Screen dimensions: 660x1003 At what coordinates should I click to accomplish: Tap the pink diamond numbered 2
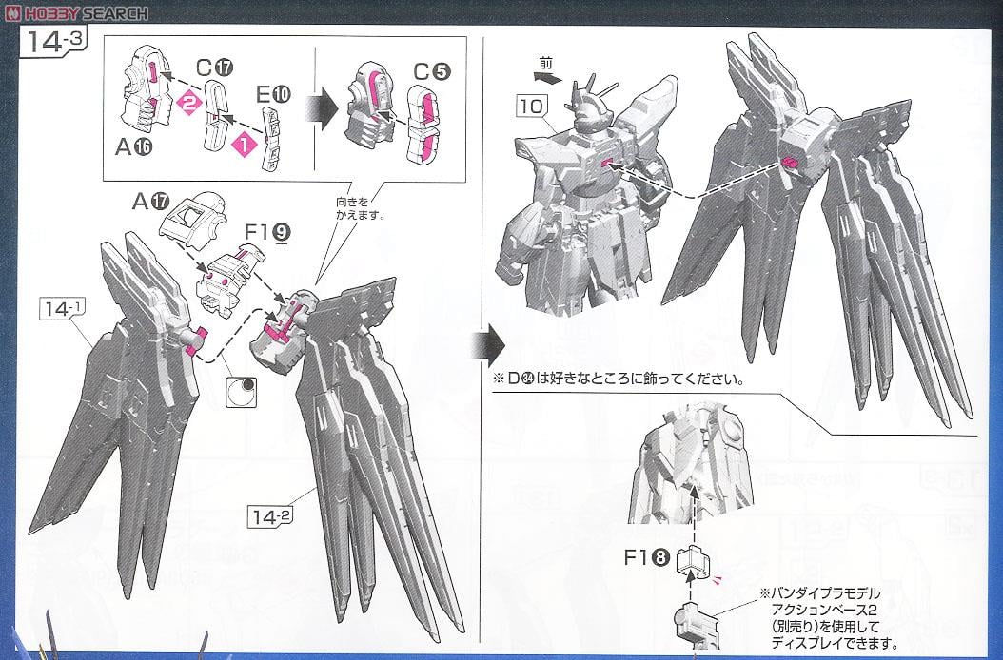coord(189,105)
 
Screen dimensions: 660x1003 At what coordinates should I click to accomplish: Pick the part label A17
coord(150,201)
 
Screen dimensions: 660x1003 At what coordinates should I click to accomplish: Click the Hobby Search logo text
coord(76,12)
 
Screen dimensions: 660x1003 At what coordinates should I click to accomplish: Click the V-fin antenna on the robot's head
coord(580,101)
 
